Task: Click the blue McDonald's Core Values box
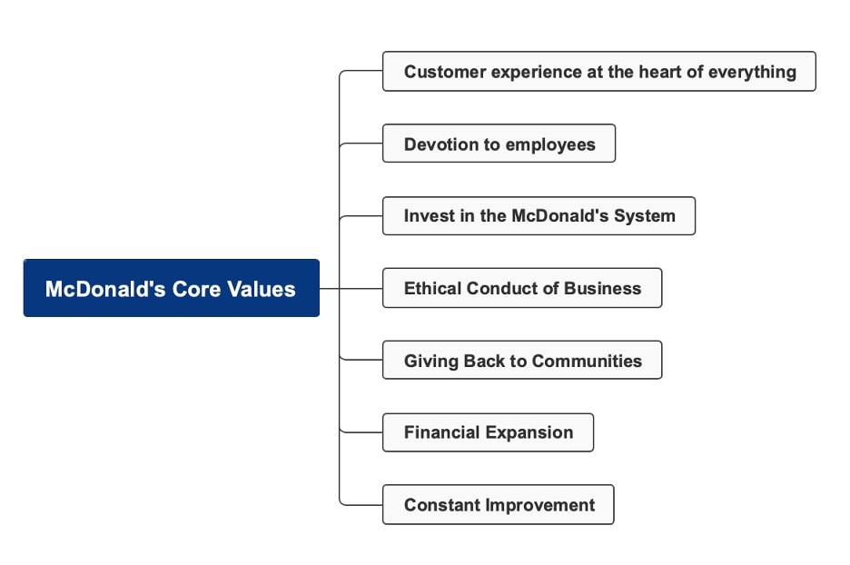coord(171,288)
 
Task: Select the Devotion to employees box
coord(499,144)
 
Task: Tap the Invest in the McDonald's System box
coord(539,216)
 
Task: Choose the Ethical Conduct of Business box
coord(521,288)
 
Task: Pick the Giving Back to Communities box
coord(521,361)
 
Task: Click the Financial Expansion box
coord(488,432)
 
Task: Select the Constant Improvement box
coord(498,505)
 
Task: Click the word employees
coord(550,144)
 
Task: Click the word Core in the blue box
coord(202,289)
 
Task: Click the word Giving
coord(430,361)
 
